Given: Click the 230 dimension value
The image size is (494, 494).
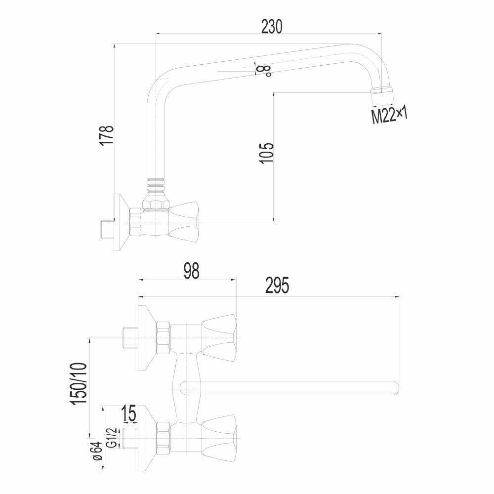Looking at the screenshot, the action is tap(272, 26).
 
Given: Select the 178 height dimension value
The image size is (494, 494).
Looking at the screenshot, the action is tap(107, 135).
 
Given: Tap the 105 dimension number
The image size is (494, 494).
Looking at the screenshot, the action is tap(267, 153).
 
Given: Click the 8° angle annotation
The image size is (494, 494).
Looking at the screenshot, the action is tap(263, 71).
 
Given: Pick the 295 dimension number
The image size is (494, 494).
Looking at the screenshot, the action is tap(277, 286).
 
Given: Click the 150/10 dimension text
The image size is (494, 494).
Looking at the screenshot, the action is tap(80, 383).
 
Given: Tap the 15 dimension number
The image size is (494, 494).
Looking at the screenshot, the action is tap(128, 413).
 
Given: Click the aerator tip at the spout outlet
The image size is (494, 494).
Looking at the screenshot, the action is tap(382, 96).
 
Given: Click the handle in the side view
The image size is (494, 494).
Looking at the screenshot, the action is tap(185, 222).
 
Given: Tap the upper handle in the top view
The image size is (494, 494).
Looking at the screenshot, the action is tap(219, 337).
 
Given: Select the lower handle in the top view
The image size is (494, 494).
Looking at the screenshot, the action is tap(219, 438).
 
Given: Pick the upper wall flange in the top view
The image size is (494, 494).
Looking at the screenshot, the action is tap(147, 338).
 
